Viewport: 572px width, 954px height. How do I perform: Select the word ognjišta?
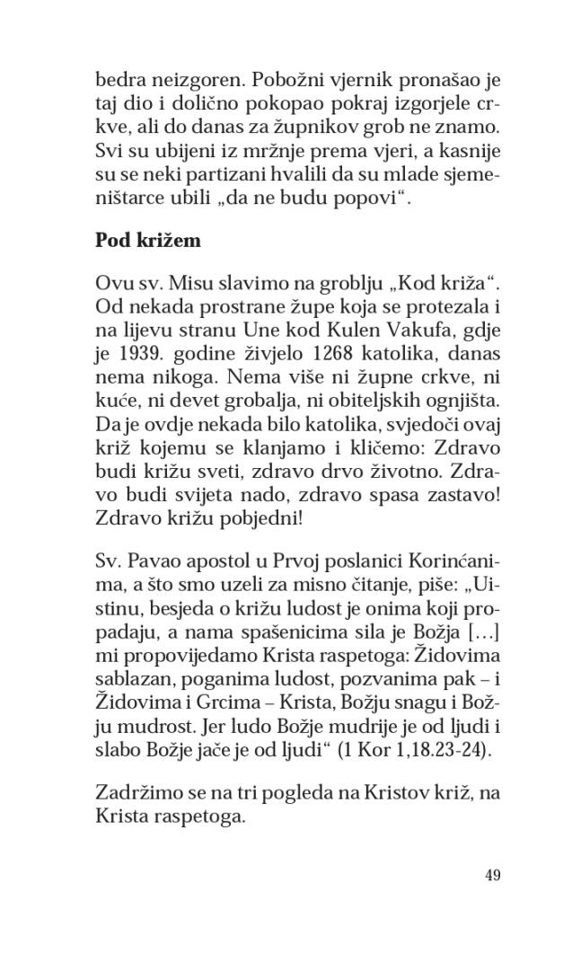pos(441,393)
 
